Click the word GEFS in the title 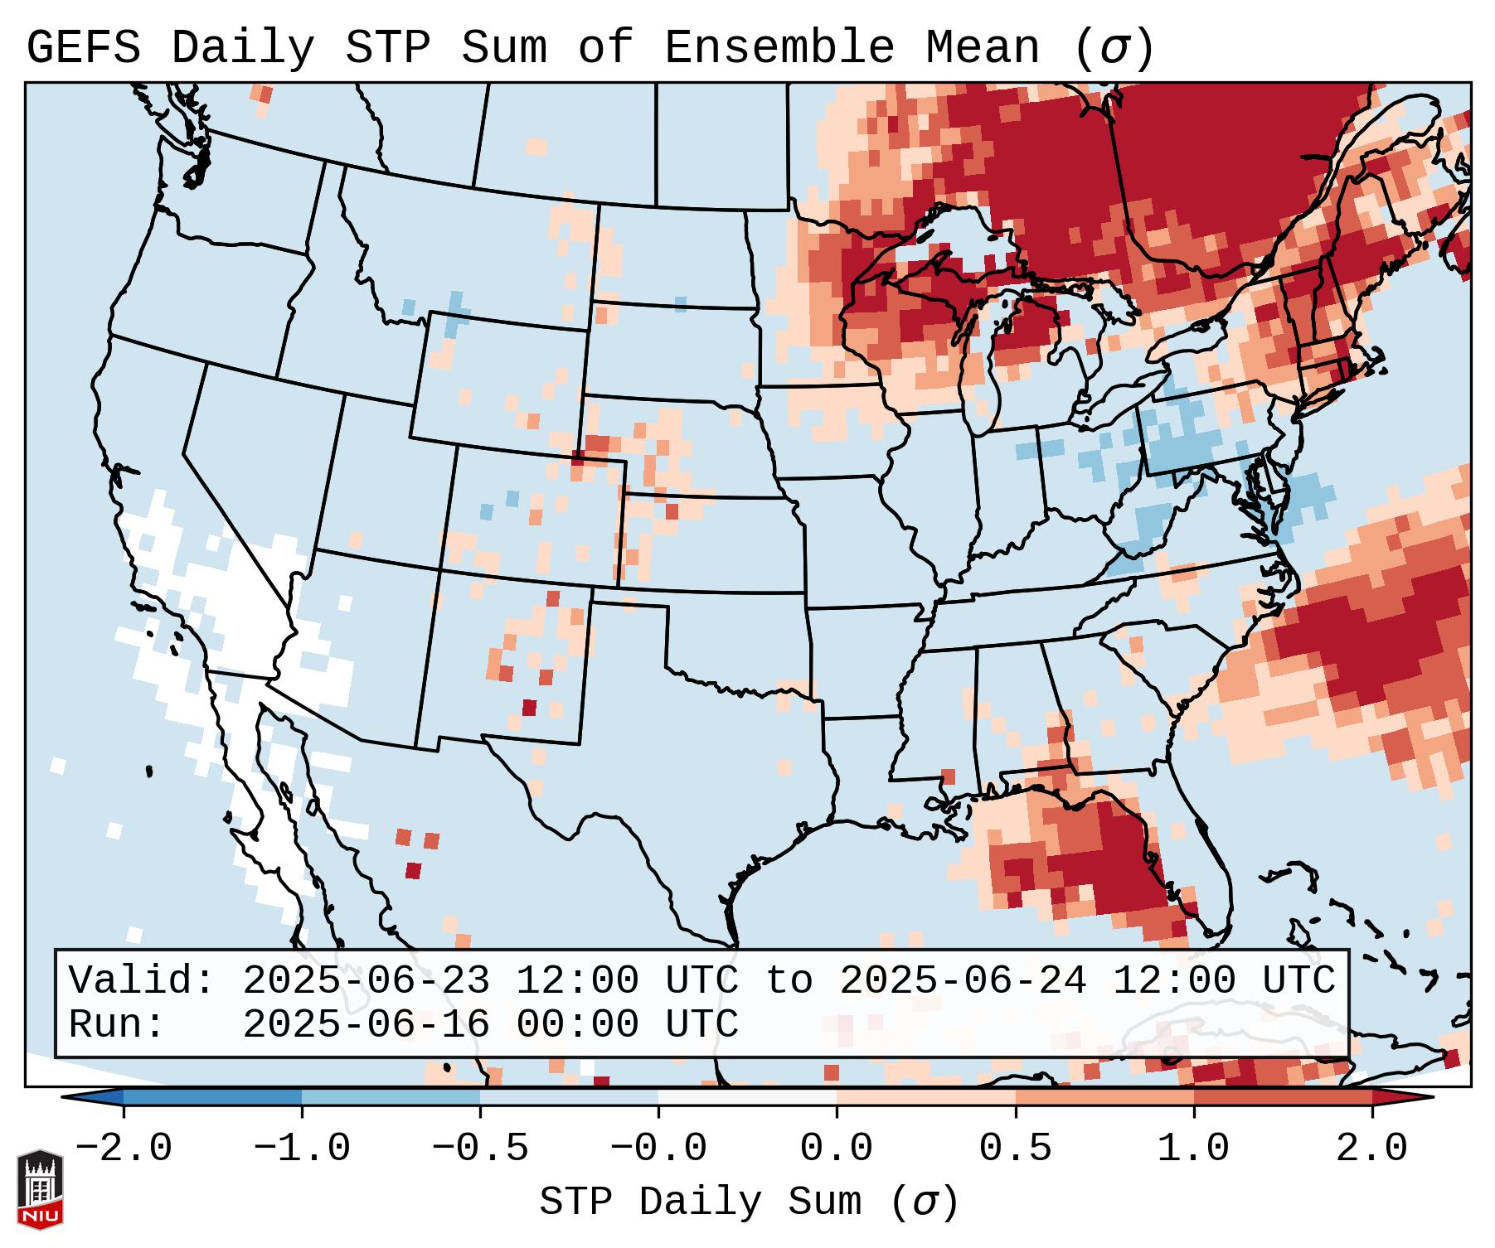point(84,48)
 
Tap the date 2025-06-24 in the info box point(962,981)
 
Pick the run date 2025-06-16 point(366,1024)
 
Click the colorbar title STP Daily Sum point(701,1202)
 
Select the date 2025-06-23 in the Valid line point(366,981)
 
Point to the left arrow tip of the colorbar point(66,1096)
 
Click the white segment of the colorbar point(747,1096)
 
